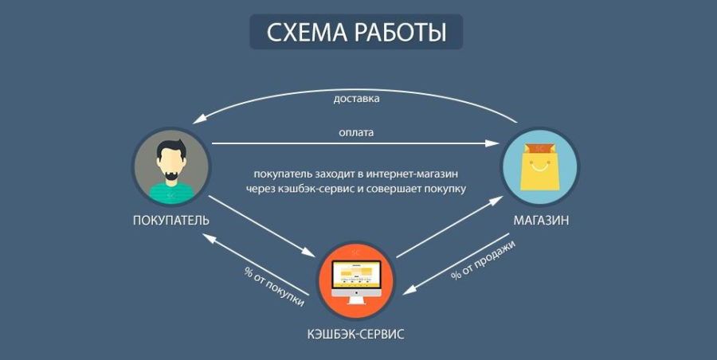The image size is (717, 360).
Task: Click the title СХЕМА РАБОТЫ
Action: pyautogui.click(x=356, y=32)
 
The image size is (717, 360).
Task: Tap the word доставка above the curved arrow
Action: pyautogui.click(x=356, y=98)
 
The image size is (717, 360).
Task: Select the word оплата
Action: pyautogui.click(x=356, y=133)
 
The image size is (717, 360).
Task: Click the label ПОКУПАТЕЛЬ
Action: pyautogui.click(x=171, y=221)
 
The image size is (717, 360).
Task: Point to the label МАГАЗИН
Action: pyautogui.click(x=541, y=221)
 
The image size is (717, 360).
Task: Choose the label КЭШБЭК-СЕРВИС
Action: pyautogui.click(x=355, y=334)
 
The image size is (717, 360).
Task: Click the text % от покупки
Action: pyautogui.click(x=273, y=288)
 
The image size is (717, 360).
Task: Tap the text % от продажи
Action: pyautogui.click(x=483, y=260)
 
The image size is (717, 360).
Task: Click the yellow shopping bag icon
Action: pyautogui.click(x=539, y=167)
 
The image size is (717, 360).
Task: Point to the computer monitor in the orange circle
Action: pyautogui.click(x=356, y=280)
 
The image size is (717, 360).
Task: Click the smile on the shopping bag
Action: pyautogui.click(x=539, y=166)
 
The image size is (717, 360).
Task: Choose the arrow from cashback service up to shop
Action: pyautogui.click(x=449, y=227)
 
